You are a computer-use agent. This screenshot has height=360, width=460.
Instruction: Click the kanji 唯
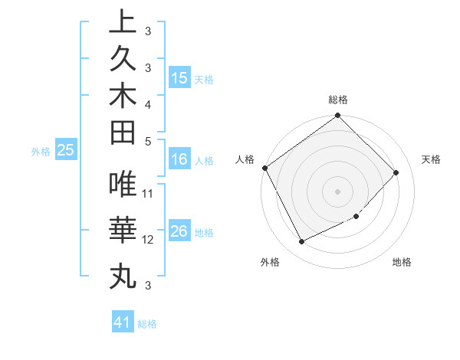[x=123, y=185]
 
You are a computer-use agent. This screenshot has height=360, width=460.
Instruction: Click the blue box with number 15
[x=179, y=77]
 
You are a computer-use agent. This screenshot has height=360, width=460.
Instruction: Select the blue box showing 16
[x=179, y=160]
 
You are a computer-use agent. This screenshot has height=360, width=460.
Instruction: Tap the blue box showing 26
[x=179, y=232]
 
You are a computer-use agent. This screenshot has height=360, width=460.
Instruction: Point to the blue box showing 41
[x=123, y=322]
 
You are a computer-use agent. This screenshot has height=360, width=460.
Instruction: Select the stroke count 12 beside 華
[x=149, y=239]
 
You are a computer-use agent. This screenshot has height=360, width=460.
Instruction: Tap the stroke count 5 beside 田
[x=148, y=141]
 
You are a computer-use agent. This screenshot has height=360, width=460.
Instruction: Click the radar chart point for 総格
[x=337, y=116]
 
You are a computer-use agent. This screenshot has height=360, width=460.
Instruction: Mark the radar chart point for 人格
[x=265, y=168]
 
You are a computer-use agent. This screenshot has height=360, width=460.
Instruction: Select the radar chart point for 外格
[x=301, y=242]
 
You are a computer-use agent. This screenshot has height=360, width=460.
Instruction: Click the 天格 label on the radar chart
[x=431, y=159]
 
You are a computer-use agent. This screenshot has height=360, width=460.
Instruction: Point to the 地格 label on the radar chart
[x=402, y=262]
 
